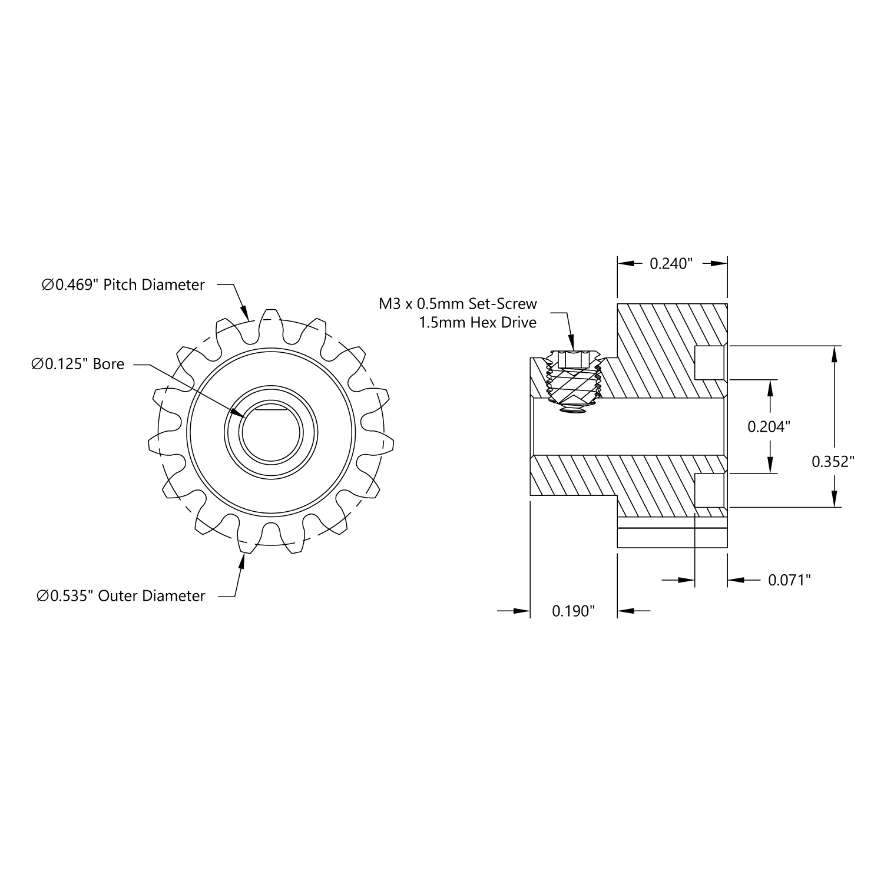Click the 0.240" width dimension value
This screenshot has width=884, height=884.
[x=671, y=264]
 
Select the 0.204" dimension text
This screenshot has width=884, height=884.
[x=769, y=426]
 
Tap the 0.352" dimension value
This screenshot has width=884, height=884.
[x=833, y=461]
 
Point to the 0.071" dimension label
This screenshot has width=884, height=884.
[x=789, y=580]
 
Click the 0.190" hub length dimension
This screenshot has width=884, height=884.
[x=573, y=611]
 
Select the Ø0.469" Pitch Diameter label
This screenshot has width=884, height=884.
[x=123, y=285]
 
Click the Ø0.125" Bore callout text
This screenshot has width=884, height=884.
[x=78, y=364]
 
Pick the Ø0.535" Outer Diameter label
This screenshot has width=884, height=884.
[x=121, y=596]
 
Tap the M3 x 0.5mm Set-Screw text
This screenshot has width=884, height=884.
[x=458, y=304]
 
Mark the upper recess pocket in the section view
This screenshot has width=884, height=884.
[x=709, y=363]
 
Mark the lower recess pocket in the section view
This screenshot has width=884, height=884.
[x=709, y=490]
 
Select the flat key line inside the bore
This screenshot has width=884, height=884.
[x=271, y=407]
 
